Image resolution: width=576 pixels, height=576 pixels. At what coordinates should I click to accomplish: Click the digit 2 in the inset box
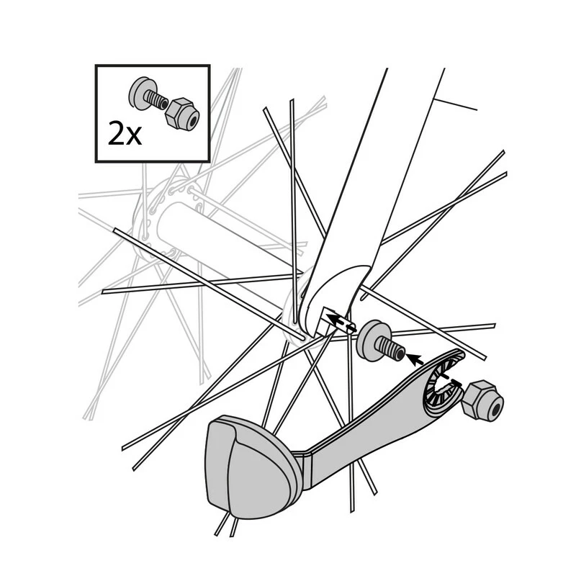[x=117, y=133]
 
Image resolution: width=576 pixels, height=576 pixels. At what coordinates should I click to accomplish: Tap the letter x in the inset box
[x=134, y=136]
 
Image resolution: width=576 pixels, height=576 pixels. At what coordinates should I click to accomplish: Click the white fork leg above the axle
[x=389, y=180]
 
